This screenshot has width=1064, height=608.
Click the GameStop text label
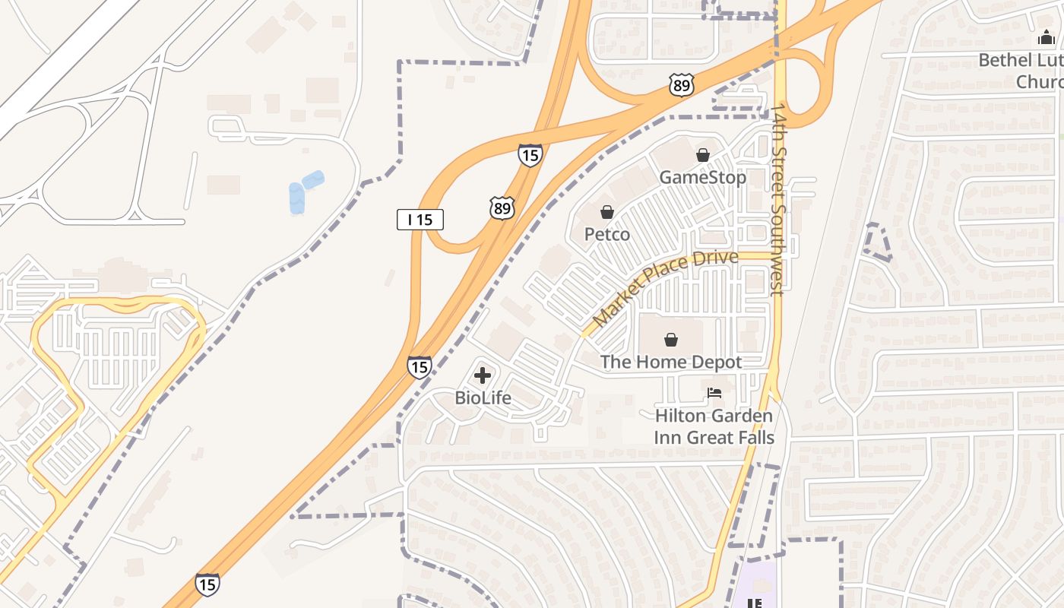tap(702, 178)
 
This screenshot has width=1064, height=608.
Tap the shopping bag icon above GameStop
tap(703, 155)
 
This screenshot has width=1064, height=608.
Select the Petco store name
tap(606, 234)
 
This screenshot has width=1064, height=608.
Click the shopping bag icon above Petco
tap(606, 212)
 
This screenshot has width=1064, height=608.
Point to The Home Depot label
tap(670, 362)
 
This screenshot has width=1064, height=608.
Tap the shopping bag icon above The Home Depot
tap(670, 340)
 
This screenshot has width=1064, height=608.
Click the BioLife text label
tap(483, 397)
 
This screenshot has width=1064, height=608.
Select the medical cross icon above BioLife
tap(483, 375)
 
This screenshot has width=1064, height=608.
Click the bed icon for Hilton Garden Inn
tap(714, 393)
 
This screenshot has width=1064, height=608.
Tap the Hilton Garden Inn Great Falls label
tap(714, 426)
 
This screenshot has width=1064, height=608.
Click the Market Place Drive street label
tap(664, 289)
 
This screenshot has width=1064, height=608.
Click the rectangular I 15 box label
tap(420, 220)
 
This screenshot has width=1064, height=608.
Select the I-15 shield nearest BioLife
tap(419, 366)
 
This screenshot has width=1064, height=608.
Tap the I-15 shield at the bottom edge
tap(207, 584)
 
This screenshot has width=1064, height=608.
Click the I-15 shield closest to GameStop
tap(530, 155)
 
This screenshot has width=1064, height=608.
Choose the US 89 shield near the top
tap(681, 85)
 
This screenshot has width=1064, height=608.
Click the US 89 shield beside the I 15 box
tap(502, 207)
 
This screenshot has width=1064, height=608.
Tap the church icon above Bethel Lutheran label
tap(1047, 38)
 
